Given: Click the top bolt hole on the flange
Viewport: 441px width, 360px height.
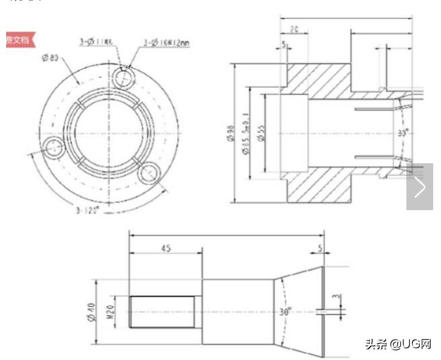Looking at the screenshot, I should pos(123,77).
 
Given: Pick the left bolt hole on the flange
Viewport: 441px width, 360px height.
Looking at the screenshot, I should pos(54,149).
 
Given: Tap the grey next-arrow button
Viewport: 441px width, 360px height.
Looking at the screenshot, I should pos(419,187).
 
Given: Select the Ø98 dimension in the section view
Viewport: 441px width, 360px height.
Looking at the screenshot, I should pos(230,134).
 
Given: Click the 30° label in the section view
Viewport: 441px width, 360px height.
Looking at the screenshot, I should pos(402,133).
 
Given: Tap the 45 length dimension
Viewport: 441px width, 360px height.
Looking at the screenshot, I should pos(166,248).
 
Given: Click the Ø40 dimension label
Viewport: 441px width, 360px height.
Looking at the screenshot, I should pos(92,311).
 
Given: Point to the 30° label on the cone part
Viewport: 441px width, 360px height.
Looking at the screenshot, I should pos(286,311).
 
